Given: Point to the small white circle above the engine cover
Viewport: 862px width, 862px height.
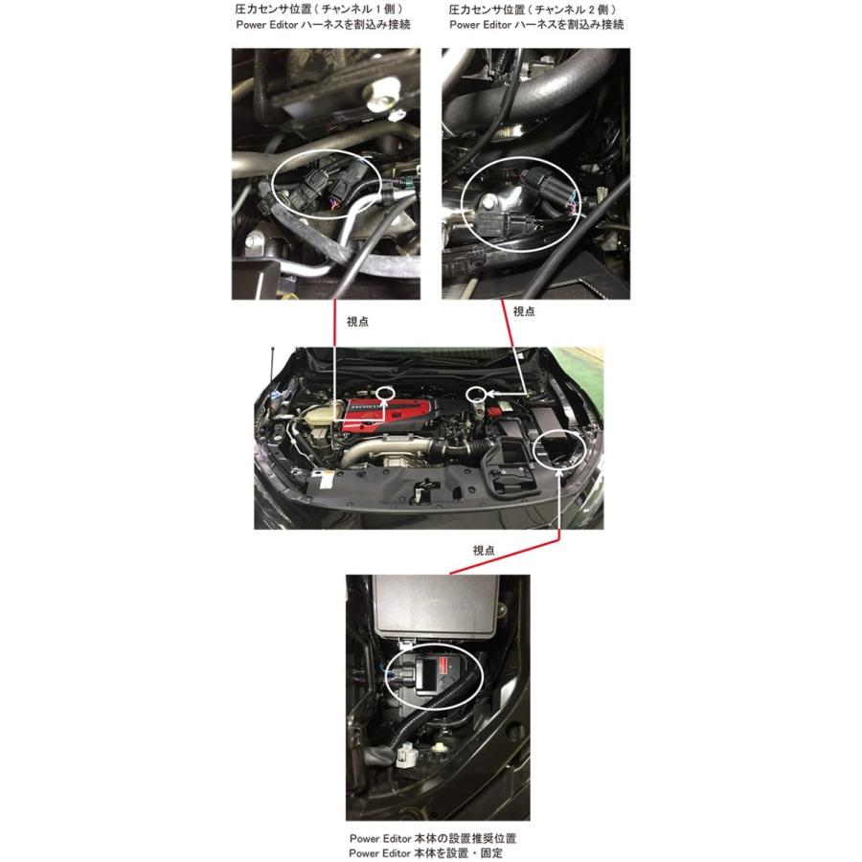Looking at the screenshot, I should click(386, 392).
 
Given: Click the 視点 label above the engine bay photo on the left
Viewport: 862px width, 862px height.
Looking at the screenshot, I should click(357, 322).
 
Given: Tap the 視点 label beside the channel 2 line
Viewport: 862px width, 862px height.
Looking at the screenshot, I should click(524, 311).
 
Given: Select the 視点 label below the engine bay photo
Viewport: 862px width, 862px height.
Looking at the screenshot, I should click(485, 551).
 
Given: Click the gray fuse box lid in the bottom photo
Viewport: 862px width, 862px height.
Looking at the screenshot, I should click(437, 607).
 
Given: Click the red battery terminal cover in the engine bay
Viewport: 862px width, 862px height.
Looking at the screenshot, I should click(497, 412).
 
